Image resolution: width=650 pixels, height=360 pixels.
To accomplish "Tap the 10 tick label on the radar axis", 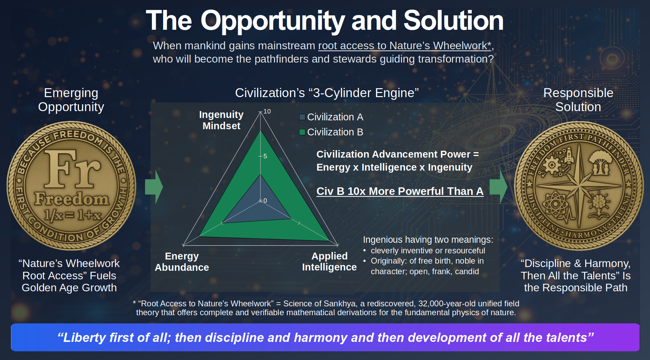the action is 267,111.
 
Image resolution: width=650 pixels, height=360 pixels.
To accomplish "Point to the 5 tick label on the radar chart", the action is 265,156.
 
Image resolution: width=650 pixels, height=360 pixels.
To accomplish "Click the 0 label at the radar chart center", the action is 265,201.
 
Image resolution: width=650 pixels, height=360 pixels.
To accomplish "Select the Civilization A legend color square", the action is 302,117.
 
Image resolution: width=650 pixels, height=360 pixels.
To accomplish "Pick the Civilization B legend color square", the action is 302,132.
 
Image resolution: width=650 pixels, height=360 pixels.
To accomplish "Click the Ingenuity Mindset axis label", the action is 221,120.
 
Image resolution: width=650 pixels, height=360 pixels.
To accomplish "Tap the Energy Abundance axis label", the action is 182,262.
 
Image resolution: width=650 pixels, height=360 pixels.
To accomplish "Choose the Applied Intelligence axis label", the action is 329,262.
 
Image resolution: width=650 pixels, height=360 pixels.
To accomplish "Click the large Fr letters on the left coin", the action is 73,169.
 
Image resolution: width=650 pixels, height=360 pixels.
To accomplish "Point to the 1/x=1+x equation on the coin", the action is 73,215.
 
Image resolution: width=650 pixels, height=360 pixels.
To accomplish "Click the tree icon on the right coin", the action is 601,162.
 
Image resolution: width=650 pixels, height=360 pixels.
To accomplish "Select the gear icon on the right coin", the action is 551,165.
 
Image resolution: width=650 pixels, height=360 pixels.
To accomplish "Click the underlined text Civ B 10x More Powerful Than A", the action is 400,191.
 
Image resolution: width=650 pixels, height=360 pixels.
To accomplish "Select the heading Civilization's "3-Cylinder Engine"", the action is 327,93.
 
